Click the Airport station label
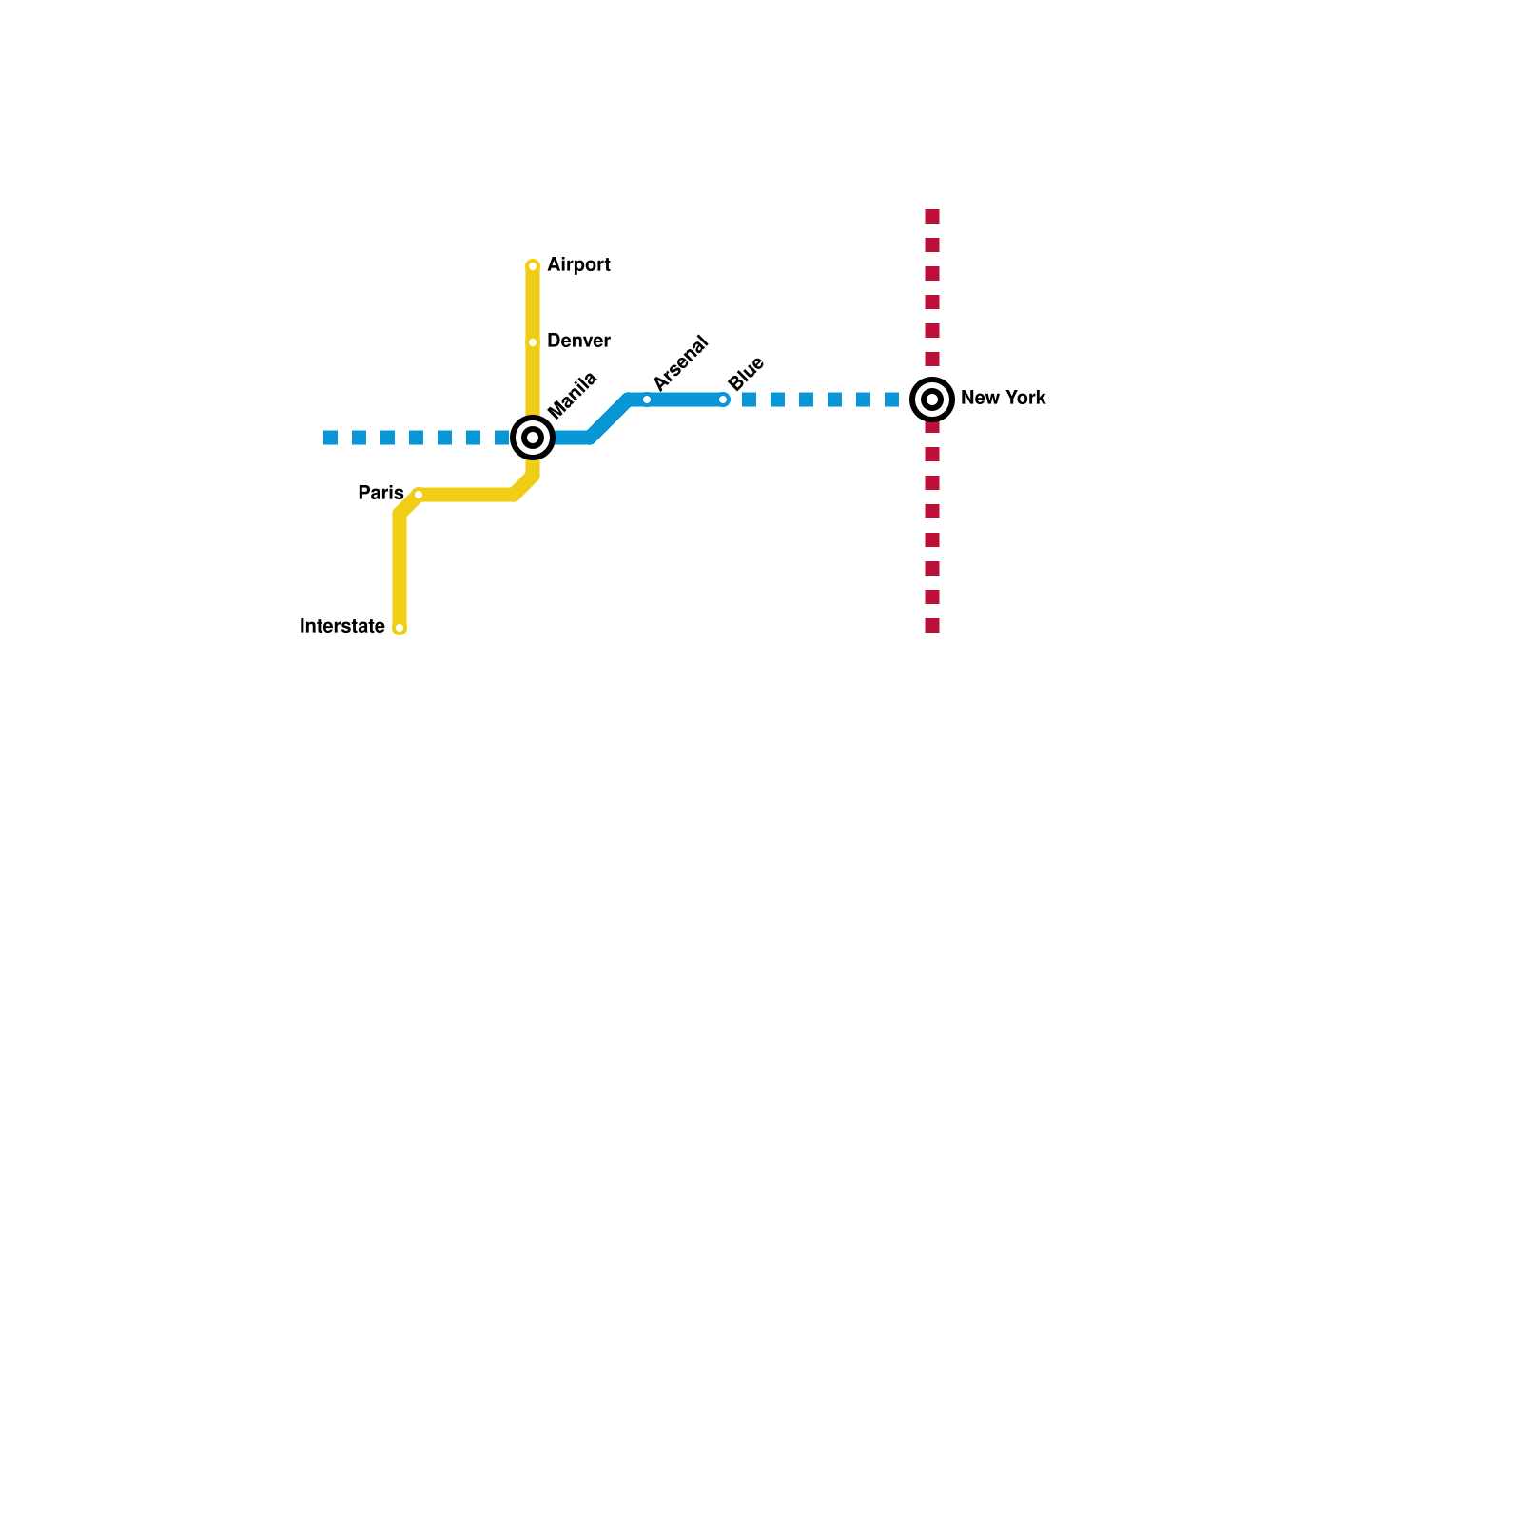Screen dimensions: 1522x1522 tap(578, 265)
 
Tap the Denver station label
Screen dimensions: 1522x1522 tap(578, 341)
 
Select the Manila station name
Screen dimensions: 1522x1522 tap(573, 395)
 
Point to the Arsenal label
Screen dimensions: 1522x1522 tap(681, 362)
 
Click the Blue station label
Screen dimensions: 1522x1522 tap(747, 373)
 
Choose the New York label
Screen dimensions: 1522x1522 tap(1003, 399)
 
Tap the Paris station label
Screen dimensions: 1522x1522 tap(380, 494)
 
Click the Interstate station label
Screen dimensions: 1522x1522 tap(342, 627)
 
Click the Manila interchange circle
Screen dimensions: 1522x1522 tap(533, 438)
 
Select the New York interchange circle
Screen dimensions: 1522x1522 tap(932, 400)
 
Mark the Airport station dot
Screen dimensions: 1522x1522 tap(533, 266)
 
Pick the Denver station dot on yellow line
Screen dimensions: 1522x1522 tap(533, 342)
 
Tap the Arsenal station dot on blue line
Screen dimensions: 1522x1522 tap(647, 400)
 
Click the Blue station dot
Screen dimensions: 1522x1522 tap(723, 400)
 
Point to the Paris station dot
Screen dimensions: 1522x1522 tap(419, 495)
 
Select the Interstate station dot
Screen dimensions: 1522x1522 tap(400, 628)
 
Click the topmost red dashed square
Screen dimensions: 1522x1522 tap(932, 217)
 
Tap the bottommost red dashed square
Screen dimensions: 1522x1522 tap(932, 626)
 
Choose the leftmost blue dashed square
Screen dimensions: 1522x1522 tap(331, 438)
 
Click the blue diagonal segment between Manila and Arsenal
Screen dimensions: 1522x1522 tap(609, 419)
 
